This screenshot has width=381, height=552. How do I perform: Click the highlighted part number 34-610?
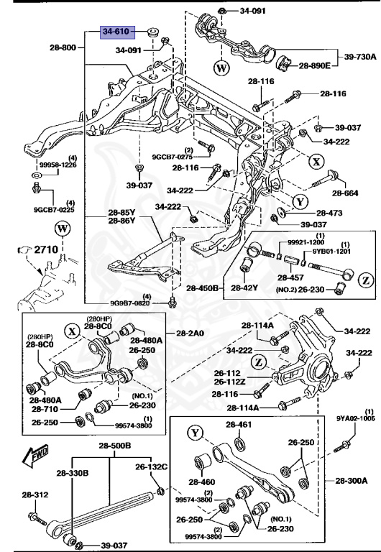coord(118,32)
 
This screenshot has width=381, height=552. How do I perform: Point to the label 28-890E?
coord(314,65)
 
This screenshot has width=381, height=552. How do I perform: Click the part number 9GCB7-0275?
coord(172,156)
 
